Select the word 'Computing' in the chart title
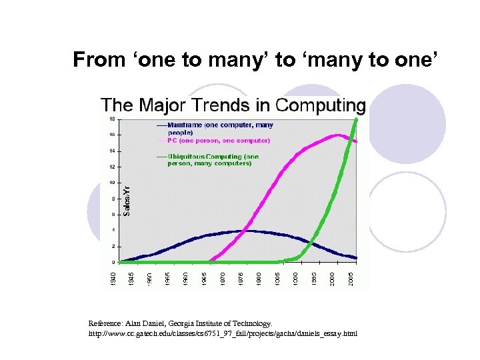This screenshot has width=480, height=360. pos(321,105)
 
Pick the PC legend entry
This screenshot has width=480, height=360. pos(213,141)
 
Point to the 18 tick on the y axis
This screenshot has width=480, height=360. pos(111,119)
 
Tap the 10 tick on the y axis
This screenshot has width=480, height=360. pos(111,183)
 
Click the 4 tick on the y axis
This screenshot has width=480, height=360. pos(112,230)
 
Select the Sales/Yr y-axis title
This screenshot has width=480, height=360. pos(127,199)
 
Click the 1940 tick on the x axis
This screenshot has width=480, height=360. pos(113,277)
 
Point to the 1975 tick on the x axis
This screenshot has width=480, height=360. pos(241,277)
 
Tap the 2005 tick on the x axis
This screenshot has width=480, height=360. pos(351,277)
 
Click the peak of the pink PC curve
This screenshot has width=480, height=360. pos(339,135)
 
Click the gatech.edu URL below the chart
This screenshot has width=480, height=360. pos(223,332)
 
